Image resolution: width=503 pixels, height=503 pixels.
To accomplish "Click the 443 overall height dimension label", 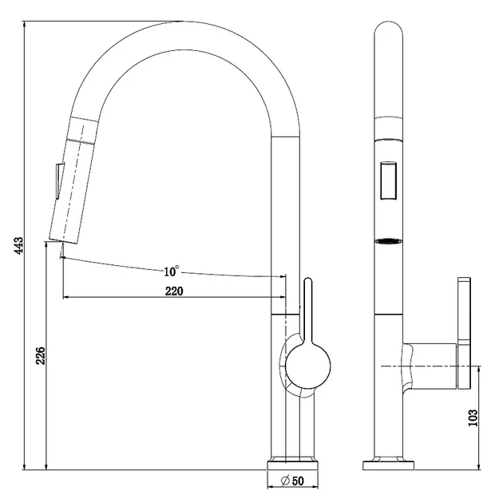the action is pos(19,245).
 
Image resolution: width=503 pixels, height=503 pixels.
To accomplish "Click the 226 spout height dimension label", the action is pos(41,355).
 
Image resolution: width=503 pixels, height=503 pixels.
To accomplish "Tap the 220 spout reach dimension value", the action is pos(174,291).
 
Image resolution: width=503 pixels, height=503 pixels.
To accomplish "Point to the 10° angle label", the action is pos(172,271).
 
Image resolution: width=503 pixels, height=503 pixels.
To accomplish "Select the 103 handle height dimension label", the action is pos(473,418).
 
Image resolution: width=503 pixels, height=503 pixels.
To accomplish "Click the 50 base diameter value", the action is pos(298,481).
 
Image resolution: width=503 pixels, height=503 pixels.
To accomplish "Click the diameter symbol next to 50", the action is pos(285,481).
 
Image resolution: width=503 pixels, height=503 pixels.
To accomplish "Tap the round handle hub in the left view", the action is pos(308,366).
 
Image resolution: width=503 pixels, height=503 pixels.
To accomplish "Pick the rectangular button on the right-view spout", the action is pos(388,181).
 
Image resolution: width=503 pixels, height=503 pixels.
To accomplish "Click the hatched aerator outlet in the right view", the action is pos(389,242).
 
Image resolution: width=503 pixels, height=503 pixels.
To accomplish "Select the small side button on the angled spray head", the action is pos(59,181).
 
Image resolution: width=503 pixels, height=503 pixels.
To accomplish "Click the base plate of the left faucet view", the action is pos(292,465).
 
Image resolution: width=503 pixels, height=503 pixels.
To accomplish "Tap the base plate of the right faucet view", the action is pos(388,465).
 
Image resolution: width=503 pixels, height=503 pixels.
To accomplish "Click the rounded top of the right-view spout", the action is pos(389,28).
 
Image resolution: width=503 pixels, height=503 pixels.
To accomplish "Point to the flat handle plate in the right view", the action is pos(464,333).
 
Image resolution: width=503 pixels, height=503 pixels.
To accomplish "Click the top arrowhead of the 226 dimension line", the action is pos(47,245).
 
